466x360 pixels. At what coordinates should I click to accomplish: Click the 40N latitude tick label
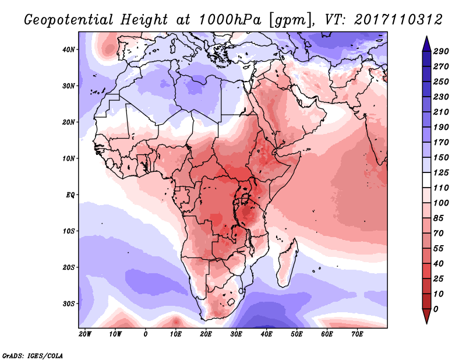click(x=68, y=50)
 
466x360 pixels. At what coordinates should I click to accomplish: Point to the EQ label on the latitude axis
click(x=70, y=195)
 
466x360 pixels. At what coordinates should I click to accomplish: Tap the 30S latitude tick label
click(x=68, y=304)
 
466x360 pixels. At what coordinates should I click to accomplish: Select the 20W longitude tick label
click(x=85, y=334)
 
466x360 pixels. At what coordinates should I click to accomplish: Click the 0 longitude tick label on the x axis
click(x=145, y=334)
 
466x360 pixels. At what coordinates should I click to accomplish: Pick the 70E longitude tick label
click(x=357, y=334)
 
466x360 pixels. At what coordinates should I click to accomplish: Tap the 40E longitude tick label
click(x=266, y=334)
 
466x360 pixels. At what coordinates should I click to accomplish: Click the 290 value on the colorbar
click(x=441, y=51)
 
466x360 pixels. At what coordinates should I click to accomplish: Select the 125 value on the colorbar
click(x=441, y=172)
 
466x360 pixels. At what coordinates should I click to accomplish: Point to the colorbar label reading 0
click(x=436, y=309)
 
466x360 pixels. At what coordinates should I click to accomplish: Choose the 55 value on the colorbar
click(x=439, y=249)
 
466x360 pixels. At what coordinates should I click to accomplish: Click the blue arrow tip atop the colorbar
click(x=426, y=37)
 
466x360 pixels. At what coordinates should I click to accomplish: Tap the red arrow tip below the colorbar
click(x=426, y=323)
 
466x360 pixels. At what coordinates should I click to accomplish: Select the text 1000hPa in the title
click(x=230, y=20)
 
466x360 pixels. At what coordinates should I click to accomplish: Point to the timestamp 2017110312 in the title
click(x=398, y=20)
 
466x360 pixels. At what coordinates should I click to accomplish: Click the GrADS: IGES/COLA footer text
click(x=33, y=356)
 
